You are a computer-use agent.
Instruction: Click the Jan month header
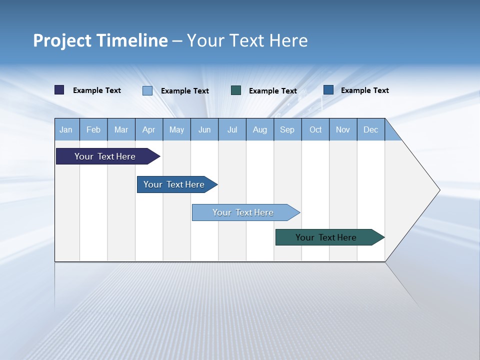click(66, 129)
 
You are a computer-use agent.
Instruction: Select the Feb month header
click(93, 129)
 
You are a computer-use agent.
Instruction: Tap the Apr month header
click(148, 129)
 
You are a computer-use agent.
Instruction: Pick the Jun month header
click(204, 129)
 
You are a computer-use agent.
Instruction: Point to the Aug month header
click(260, 129)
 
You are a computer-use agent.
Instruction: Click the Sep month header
click(287, 129)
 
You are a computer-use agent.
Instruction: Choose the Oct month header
click(315, 129)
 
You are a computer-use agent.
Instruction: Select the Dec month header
click(371, 129)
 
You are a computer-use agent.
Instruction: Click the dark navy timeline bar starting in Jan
click(105, 156)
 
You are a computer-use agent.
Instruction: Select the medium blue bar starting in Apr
click(174, 184)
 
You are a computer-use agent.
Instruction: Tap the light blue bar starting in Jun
click(243, 212)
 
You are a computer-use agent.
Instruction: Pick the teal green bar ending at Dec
click(326, 237)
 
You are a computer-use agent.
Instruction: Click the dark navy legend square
click(59, 90)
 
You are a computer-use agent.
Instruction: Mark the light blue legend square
click(147, 90)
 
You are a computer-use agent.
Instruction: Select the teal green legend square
click(236, 90)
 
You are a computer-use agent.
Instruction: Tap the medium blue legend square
click(328, 90)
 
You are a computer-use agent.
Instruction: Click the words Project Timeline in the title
click(100, 40)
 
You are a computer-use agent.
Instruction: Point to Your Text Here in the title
click(247, 40)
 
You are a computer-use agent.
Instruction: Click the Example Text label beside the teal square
click(273, 91)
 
